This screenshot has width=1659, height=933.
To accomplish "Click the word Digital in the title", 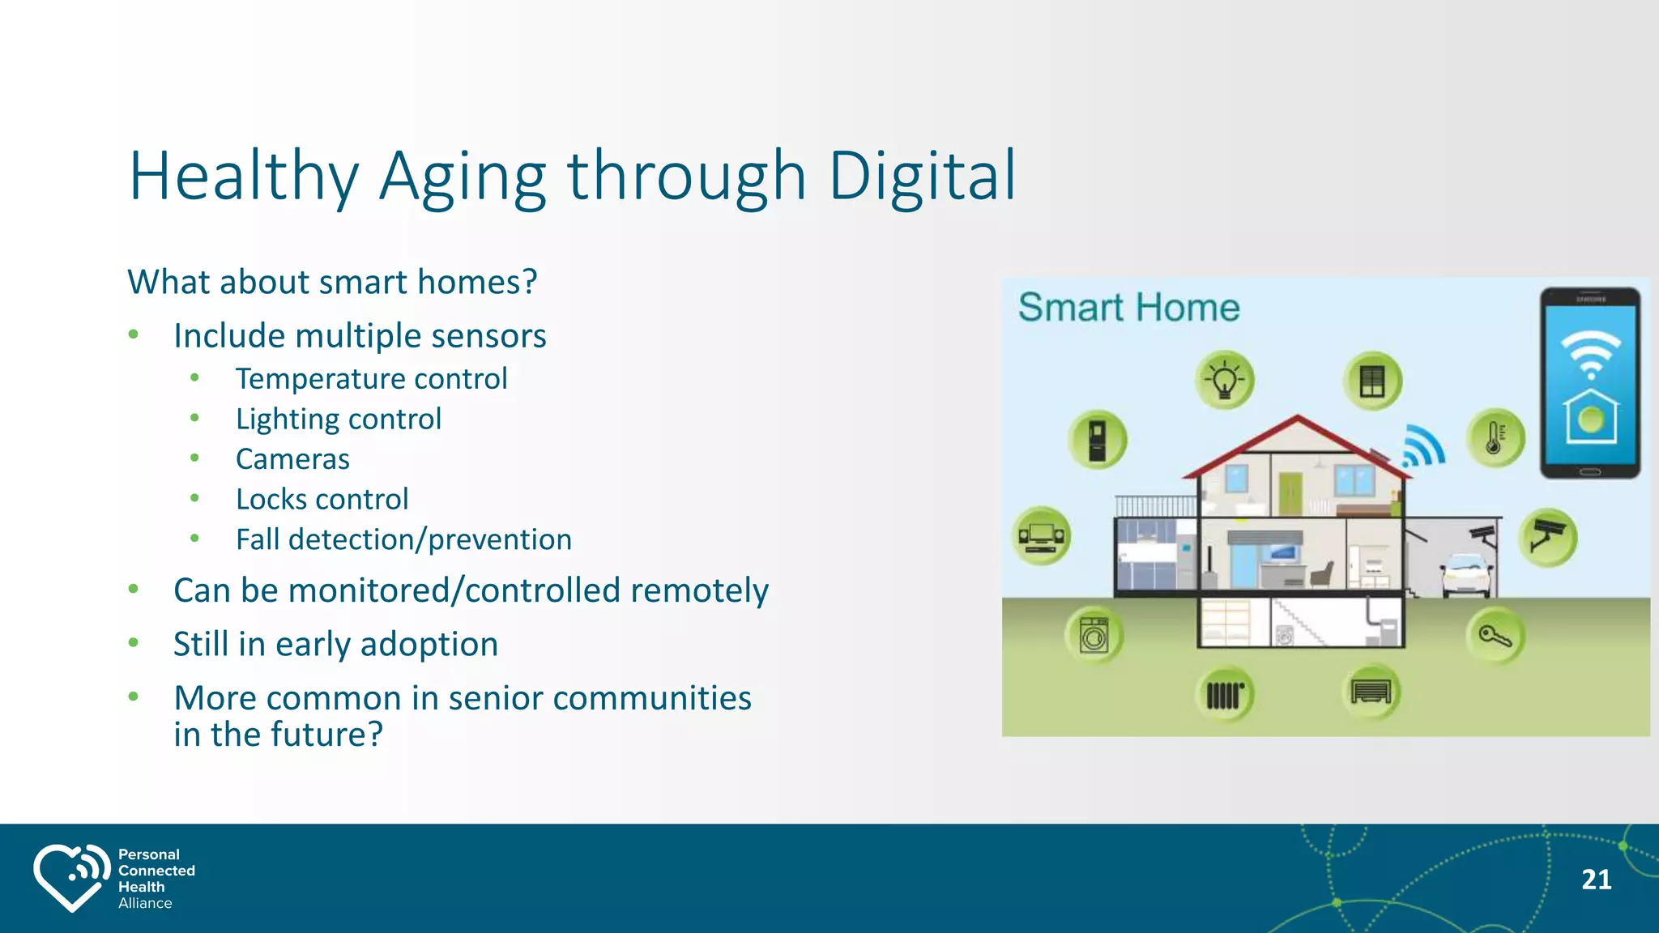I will [x=922, y=177].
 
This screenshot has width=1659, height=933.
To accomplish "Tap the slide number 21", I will [x=1596, y=880].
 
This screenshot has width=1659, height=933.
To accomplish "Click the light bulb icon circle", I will [x=1224, y=380].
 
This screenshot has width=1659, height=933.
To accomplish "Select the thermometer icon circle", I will [x=1495, y=438].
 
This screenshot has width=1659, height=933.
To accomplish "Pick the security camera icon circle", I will [x=1547, y=537].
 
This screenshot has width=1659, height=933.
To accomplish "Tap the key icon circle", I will [x=1495, y=636].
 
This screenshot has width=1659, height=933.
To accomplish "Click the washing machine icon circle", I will [x=1094, y=636].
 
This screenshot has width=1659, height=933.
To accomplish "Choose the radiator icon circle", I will [x=1224, y=695].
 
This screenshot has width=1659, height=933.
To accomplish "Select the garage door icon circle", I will [x=1371, y=692].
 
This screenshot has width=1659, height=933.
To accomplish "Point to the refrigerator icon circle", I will [x=1097, y=440].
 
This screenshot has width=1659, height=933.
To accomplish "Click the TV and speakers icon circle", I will [x=1042, y=536].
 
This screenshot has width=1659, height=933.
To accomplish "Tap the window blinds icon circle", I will [x=1372, y=381].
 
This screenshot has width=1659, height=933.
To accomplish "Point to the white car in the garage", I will [x=1466, y=573].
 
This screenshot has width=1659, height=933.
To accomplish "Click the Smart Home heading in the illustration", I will [x=1128, y=308].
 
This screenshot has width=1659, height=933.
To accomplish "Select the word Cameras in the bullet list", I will [x=292, y=459].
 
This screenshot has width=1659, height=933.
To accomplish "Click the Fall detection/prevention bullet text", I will [x=403, y=539].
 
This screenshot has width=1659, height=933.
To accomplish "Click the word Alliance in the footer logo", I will [x=145, y=903].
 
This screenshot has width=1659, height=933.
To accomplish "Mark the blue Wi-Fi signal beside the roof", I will [x=1424, y=446].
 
